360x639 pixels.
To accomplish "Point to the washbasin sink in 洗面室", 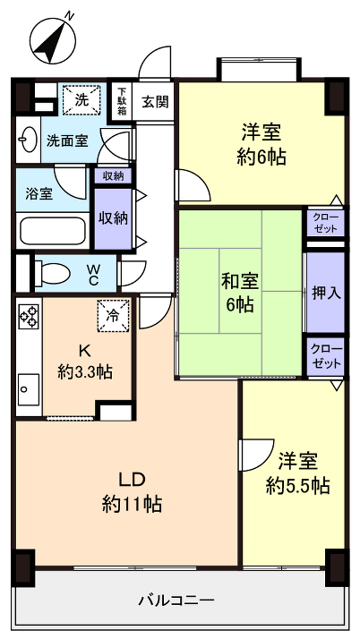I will [28, 140].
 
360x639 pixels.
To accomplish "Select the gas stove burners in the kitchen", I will [29, 318].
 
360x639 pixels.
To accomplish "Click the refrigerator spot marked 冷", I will [113, 315].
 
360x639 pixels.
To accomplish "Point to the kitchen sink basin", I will [26, 389].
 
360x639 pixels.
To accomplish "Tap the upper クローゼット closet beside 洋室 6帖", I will [324, 223].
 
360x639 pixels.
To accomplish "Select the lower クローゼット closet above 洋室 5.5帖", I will [324, 357].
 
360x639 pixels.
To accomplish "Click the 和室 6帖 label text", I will [238, 292].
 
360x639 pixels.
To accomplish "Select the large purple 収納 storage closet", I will [113, 218].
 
